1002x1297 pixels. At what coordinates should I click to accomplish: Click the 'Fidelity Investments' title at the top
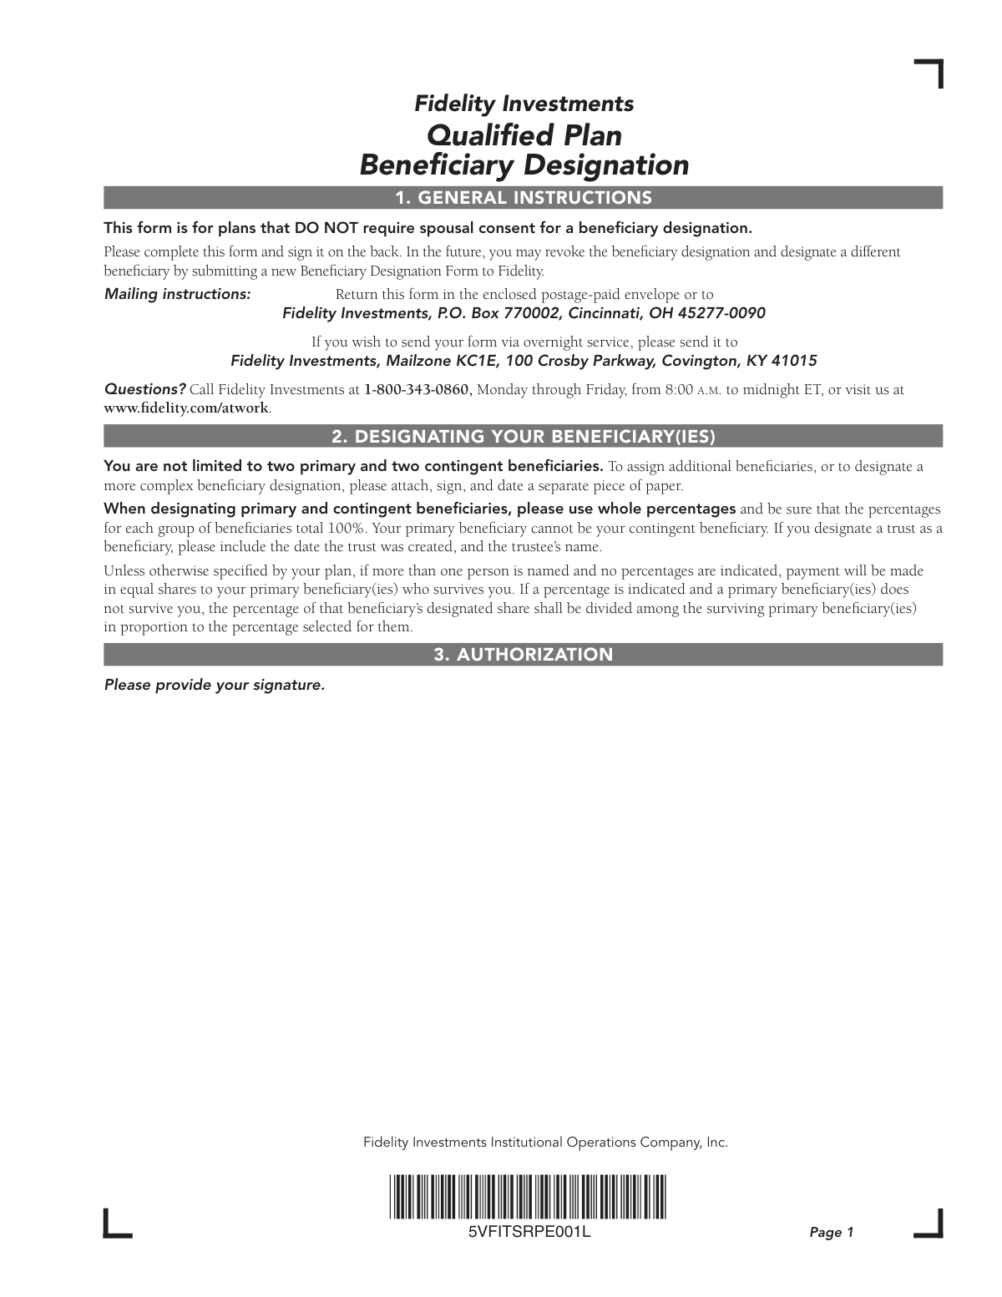(x=524, y=104)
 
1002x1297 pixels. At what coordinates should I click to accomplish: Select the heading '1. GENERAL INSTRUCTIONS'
(x=524, y=198)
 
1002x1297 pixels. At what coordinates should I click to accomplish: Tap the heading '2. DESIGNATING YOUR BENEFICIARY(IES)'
(x=524, y=437)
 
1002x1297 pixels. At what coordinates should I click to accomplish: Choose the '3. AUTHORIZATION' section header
(x=524, y=655)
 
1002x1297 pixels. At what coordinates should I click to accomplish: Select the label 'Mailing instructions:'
(x=177, y=294)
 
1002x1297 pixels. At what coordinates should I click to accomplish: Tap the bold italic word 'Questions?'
(x=144, y=389)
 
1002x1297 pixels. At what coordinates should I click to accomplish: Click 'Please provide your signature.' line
(x=214, y=685)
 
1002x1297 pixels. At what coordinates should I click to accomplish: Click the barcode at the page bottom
(x=528, y=1197)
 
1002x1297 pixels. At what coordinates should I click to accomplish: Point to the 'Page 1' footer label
(x=832, y=1233)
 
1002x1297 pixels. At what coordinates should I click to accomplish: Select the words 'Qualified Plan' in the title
(x=524, y=134)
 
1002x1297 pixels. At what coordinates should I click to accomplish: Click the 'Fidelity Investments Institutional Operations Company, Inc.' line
(x=545, y=1142)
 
